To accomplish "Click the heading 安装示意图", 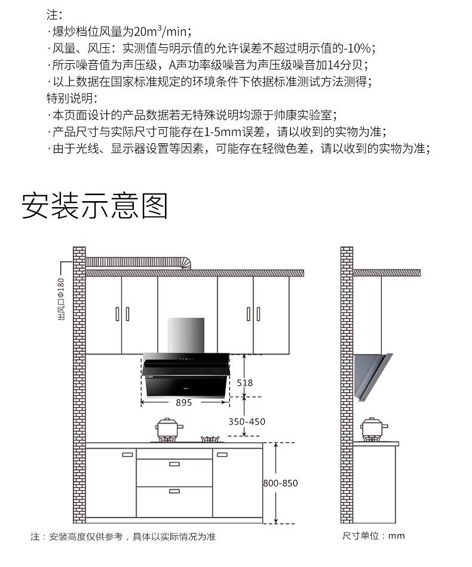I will click(95, 206).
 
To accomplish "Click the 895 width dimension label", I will click(184, 403).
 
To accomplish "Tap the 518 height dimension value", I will click(244, 383).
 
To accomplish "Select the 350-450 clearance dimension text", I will click(247, 421).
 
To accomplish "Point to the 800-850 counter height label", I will click(280, 483).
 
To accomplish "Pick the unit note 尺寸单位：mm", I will click(373, 535).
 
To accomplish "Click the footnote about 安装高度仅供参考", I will click(123, 537).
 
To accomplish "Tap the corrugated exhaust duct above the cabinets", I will click(137, 262).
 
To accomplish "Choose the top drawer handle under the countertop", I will click(174, 464).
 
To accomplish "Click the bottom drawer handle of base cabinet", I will click(174, 491).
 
